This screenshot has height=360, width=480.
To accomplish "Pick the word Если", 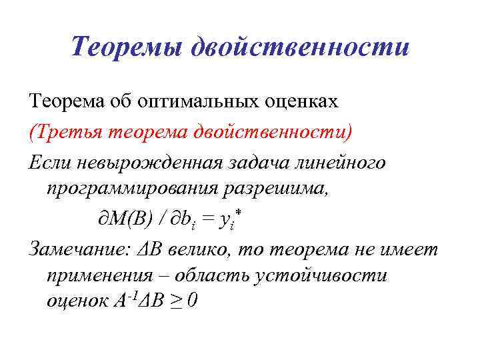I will click(x=51, y=161).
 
